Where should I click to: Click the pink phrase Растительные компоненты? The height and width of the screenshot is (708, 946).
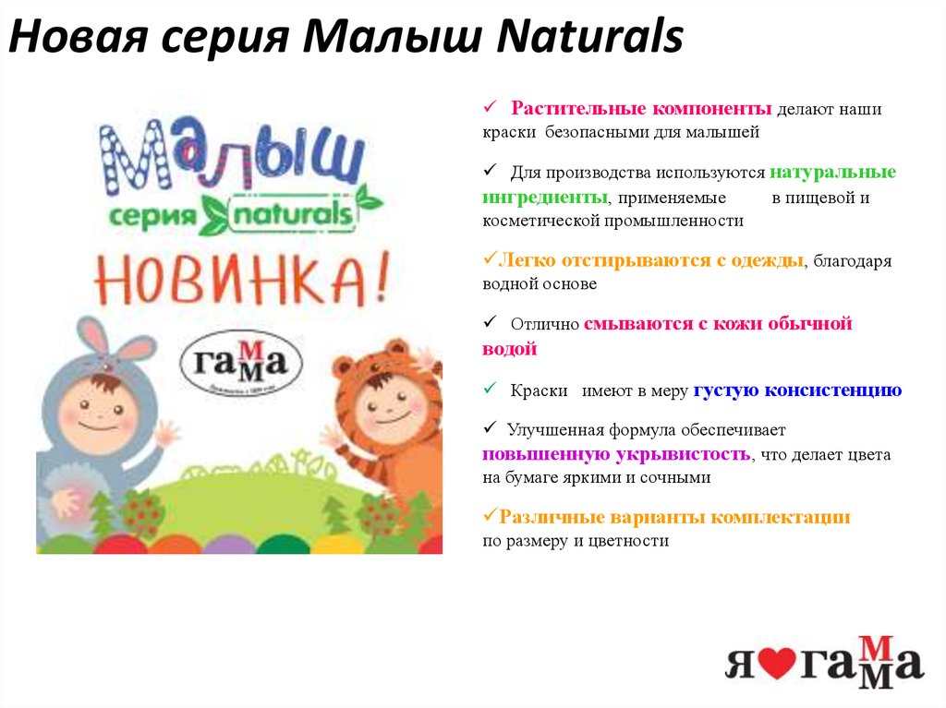643,109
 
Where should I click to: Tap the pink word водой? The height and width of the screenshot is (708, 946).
509,349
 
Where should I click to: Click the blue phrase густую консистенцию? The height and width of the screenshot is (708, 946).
797,390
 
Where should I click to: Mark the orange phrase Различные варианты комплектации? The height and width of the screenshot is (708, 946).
674,517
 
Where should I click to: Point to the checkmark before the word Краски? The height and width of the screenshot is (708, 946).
491,390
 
